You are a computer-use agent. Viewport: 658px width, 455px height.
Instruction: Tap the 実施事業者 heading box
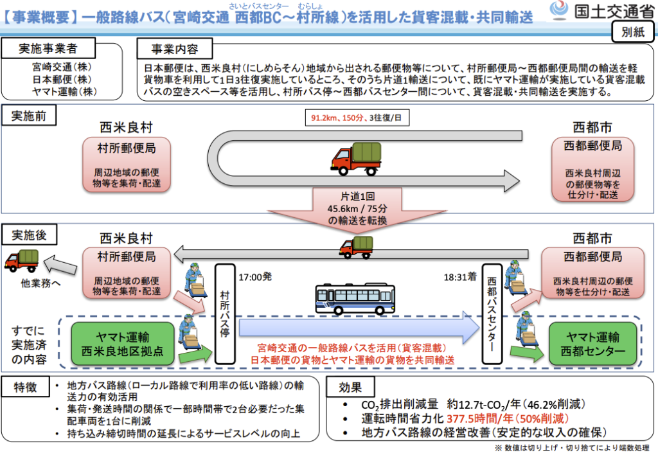[48, 49]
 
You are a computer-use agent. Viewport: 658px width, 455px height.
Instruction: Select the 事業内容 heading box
[175, 49]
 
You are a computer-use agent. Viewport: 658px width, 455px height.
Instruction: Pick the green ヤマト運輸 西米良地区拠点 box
[123, 344]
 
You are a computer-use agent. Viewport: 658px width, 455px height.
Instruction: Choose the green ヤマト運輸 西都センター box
[592, 344]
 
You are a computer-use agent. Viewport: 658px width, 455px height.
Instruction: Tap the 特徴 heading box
[27, 388]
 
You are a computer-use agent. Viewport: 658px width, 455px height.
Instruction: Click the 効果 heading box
[352, 388]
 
